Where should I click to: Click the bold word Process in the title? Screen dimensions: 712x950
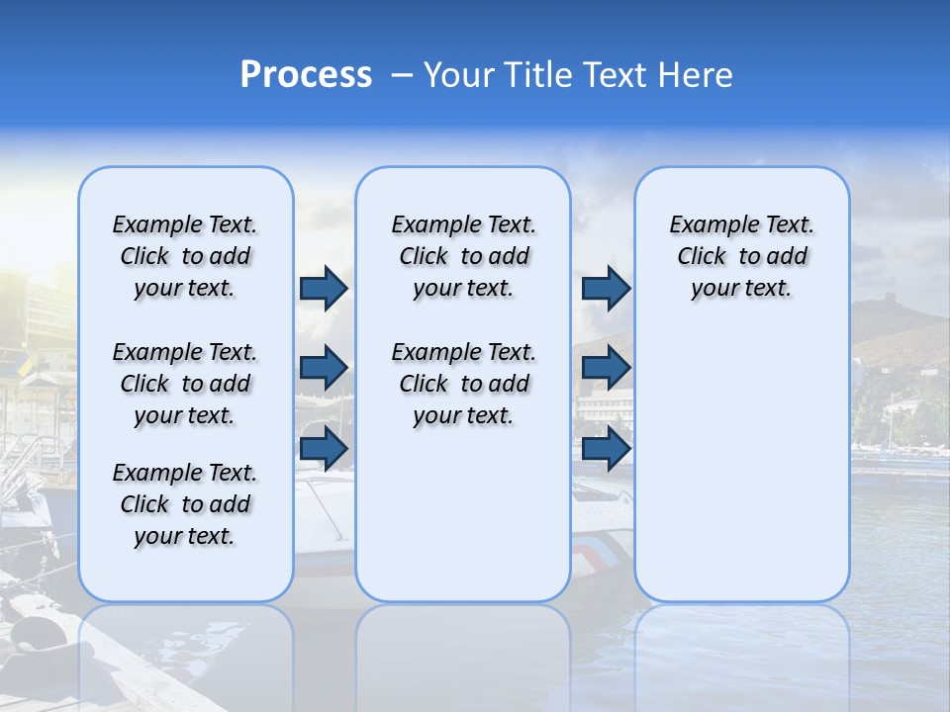click(x=306, y=74)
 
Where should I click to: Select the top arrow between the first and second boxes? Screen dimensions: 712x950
click(x=324, y=288)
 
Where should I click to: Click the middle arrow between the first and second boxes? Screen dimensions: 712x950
click(x=324, y=368)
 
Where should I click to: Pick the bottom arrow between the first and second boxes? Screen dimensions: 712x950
click(x=324, y=448)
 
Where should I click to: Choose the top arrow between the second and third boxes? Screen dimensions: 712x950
click(x=606, y=288)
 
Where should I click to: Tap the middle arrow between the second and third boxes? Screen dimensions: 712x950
click(x=606, y=368)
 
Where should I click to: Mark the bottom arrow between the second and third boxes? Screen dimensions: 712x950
click(x=606, y=448)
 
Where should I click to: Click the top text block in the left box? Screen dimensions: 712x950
click(x=185, y=256)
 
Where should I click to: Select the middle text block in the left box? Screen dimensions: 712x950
click(x=185, y=384)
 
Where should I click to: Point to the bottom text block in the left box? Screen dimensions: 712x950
click(x=185, y=504)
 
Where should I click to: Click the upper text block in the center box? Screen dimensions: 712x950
click(x=463, y=256)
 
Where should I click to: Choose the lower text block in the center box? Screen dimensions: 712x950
click(x=463, y=384)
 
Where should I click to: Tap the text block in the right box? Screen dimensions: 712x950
click(x=742, y=256)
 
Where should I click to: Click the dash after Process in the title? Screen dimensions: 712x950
click(x=401, y=75)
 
